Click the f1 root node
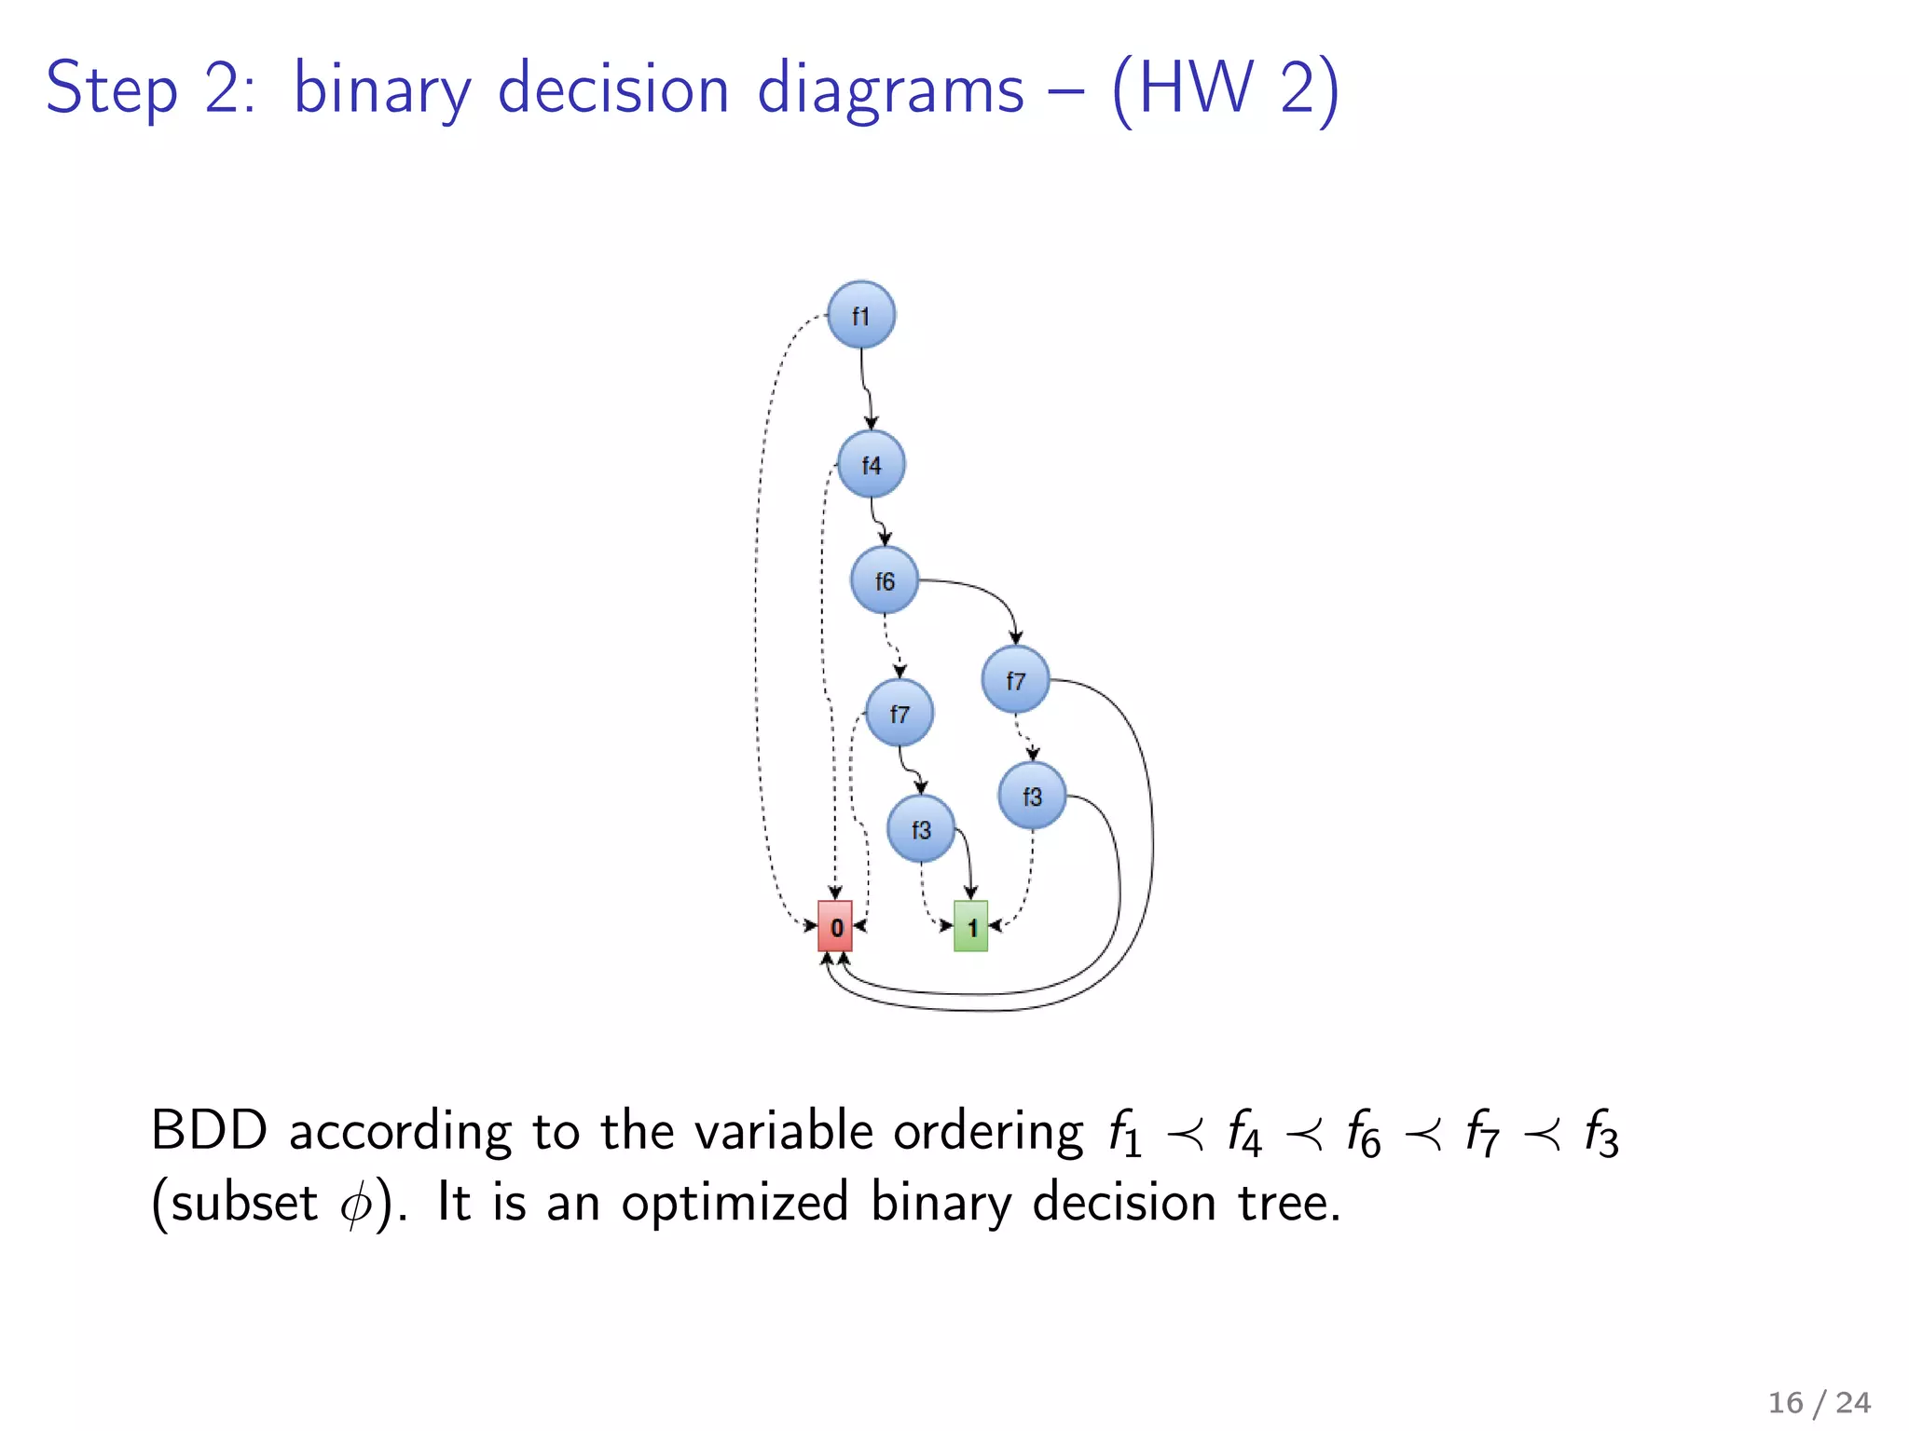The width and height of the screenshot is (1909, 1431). pos(861,315)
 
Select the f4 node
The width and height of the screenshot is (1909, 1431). pos(871,464)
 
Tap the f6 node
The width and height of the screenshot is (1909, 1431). pos(884,580)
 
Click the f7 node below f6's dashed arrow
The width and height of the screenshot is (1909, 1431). pos(899,714)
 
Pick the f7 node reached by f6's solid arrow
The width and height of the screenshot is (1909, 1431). pos(1015,680)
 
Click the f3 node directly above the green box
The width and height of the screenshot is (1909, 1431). pos(920,829)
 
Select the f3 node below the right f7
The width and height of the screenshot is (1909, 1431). pos(1031,796)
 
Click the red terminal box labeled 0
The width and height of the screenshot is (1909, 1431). pos(835,926)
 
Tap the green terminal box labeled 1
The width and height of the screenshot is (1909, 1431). pos(970,926)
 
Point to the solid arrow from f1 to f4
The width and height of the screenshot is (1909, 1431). pos(865,387)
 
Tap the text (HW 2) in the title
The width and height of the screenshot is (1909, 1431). pos(1225,90)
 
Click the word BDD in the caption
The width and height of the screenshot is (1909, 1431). pos(209,1131)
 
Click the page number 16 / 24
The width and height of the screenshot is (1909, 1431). pos(1819,1402)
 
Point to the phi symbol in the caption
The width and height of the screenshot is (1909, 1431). pos(355,1205)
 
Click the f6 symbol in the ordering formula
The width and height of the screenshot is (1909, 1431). pos(1362,1135)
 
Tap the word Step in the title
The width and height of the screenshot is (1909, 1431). pos(111,90)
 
